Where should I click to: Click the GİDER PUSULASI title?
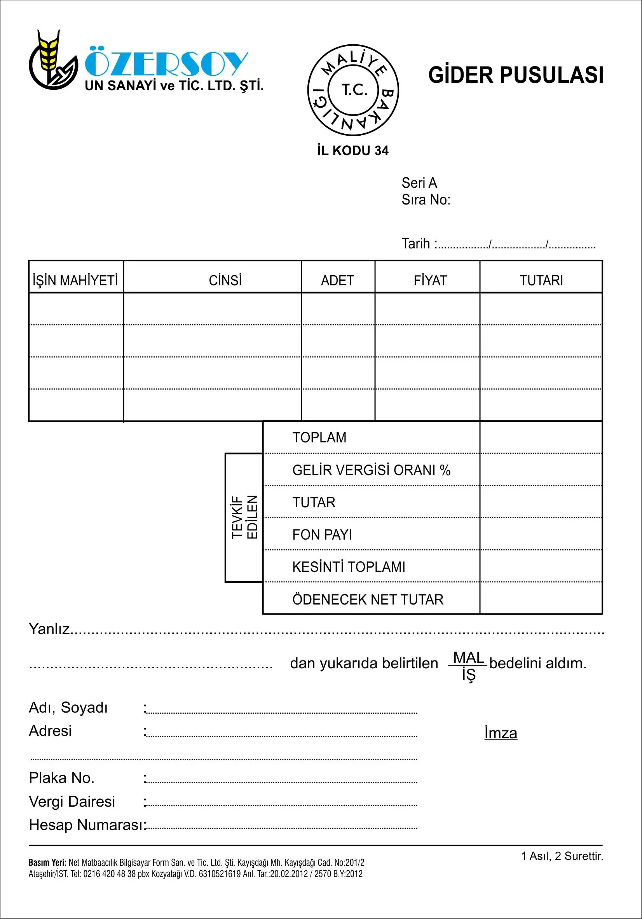click(516, 75)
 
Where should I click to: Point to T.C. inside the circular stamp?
click(354, 90)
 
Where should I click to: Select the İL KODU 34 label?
click(352, 151)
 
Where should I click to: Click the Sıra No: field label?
click(426, 200)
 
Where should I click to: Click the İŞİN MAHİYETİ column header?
click(75, 281)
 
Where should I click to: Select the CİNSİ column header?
click(225, 281)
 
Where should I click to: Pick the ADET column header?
click(337, 281)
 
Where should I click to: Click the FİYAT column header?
click(430, 281)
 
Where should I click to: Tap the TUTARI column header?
click(541, 281)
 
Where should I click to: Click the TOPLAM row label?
click(319, 437)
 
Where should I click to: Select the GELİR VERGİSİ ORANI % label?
click(371, 470)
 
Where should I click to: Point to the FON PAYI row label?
click(322, 535)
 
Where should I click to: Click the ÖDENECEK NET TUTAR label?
click(367, 599)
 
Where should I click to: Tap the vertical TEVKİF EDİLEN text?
click(244, 517)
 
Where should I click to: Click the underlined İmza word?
click(500, 733)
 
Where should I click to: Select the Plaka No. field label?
click(62, 778)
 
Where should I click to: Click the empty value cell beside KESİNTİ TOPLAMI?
click(541, 566)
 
